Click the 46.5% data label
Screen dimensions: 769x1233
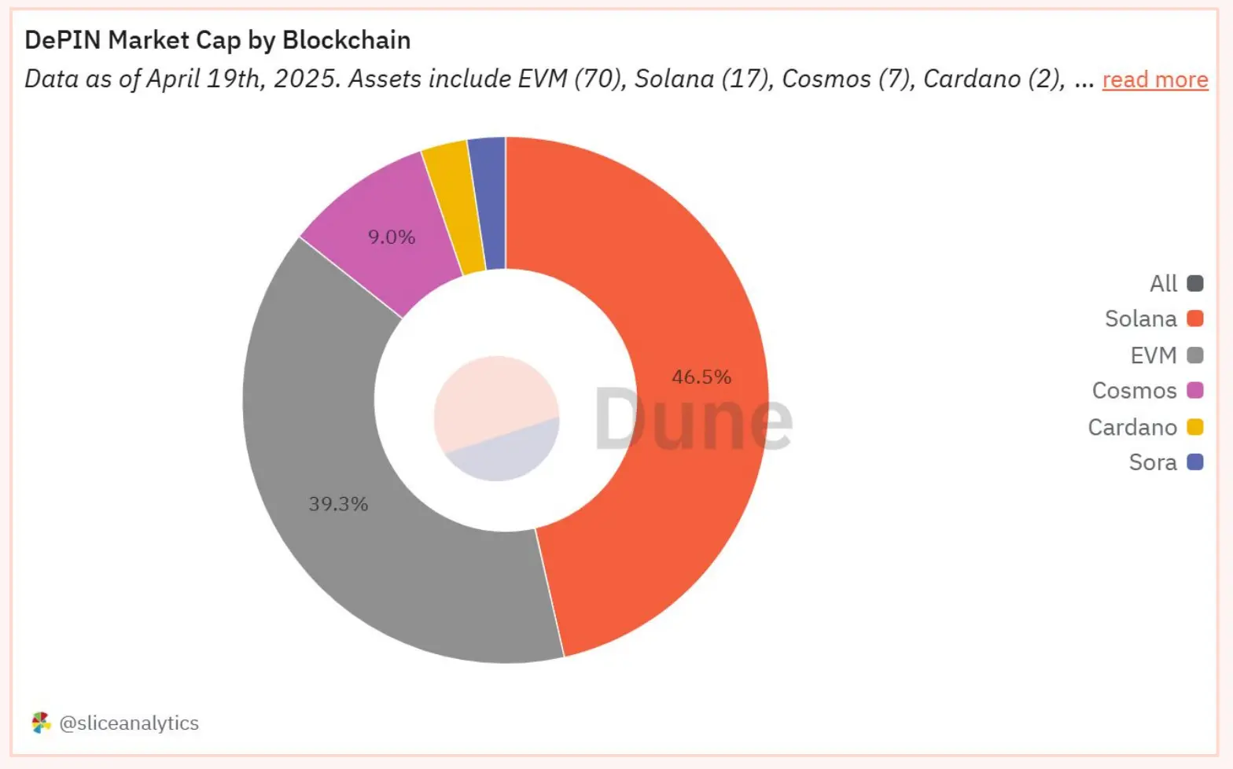701,377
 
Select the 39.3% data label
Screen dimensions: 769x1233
338,504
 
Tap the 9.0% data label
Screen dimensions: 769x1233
392,237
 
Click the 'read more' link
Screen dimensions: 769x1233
1154,79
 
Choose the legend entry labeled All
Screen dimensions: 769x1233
1176,283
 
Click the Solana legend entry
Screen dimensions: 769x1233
1153,318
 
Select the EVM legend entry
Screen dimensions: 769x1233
1166,355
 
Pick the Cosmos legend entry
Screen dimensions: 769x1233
1147,391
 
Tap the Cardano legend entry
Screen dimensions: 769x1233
1145,427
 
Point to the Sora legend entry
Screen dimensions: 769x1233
1165,462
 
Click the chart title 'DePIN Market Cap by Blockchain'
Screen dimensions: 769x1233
218,40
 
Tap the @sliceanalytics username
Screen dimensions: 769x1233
129,723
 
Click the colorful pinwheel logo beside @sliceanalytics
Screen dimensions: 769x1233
41,723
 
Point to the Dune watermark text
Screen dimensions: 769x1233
692,420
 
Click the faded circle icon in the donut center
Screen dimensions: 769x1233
496,418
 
